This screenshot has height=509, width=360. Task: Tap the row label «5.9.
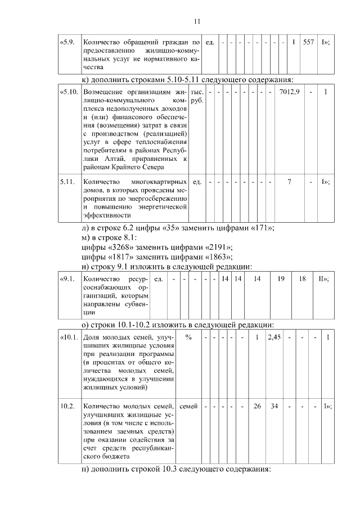pos(67,42)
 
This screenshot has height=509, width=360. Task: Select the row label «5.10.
pos(69,92)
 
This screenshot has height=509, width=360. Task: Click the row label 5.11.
pos(67,182)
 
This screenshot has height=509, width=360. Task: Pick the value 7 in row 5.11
pos(289,182)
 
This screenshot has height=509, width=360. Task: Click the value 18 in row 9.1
pos(302,279)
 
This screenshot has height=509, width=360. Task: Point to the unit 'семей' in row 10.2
pos(188,406)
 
